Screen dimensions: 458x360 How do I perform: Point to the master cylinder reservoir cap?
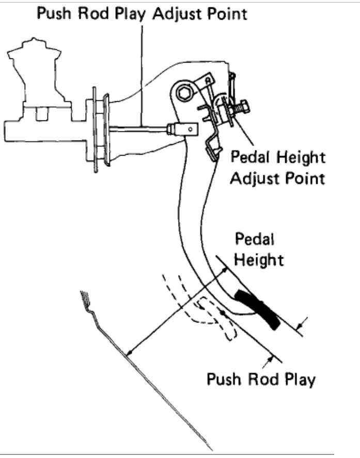pyautogui.click(x=34, y=44)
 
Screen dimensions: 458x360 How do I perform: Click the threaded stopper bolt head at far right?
pyautogui.click(x=243, y=109)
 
